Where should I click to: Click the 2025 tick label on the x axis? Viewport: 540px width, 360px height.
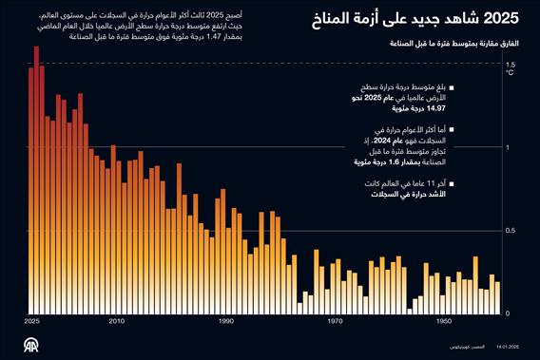click(31, 322)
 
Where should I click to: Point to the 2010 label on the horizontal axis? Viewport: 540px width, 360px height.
click(116, 322)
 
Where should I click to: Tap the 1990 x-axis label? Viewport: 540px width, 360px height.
click(226, 322)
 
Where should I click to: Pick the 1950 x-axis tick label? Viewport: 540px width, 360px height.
click(444, 322)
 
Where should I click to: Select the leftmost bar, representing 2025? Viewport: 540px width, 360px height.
click(30, 190)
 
